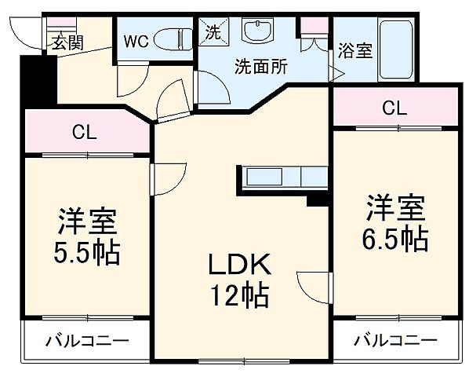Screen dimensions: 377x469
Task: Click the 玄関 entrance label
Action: pyautogui.click(x=68, y=42)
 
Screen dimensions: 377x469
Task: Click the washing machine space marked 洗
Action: pyautogui.click(x=213, y=32)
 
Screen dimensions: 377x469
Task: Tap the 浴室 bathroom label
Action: pyautogui.click(x=355, y=53)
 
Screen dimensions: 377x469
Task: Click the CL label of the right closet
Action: pyautogui.click(x=394, y=107)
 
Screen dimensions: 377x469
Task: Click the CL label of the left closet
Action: pyautogui.click(x=84, y=132)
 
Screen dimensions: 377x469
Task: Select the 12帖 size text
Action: pyautogui.click(x=239, y=296)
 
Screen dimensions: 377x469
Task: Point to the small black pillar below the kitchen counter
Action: pyautogui.click(x=318, y=199)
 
